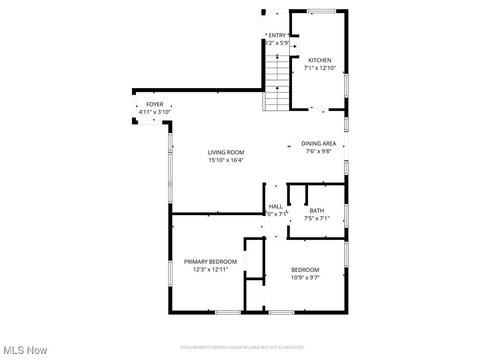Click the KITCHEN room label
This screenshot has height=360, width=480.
coord(320,60)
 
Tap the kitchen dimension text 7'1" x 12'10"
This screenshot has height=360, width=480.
coord(320,67)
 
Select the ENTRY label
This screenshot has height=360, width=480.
coord(277,35)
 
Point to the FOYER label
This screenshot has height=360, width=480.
coord(155,105)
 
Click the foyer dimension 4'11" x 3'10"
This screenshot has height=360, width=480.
coord(155,112)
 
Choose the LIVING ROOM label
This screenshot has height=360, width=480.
coord(226,152)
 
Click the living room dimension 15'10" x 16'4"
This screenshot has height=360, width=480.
coord(226,160)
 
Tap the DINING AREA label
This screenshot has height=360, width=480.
coord(319,143)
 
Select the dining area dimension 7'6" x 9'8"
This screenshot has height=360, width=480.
coord(319,151)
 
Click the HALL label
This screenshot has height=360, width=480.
coord(276,206)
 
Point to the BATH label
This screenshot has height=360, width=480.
coord(316,210)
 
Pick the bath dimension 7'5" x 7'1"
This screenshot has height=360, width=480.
coord(316,218)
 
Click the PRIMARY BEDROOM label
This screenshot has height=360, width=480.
coord(210,262)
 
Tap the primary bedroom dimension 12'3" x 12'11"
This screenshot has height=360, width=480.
coord(210,269)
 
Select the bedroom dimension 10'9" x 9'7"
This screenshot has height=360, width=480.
coord(305,277)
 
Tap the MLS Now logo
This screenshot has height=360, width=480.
coord(25,350)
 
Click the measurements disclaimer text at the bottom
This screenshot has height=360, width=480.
coord(242,347)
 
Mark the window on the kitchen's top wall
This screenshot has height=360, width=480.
coord(321,11)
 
